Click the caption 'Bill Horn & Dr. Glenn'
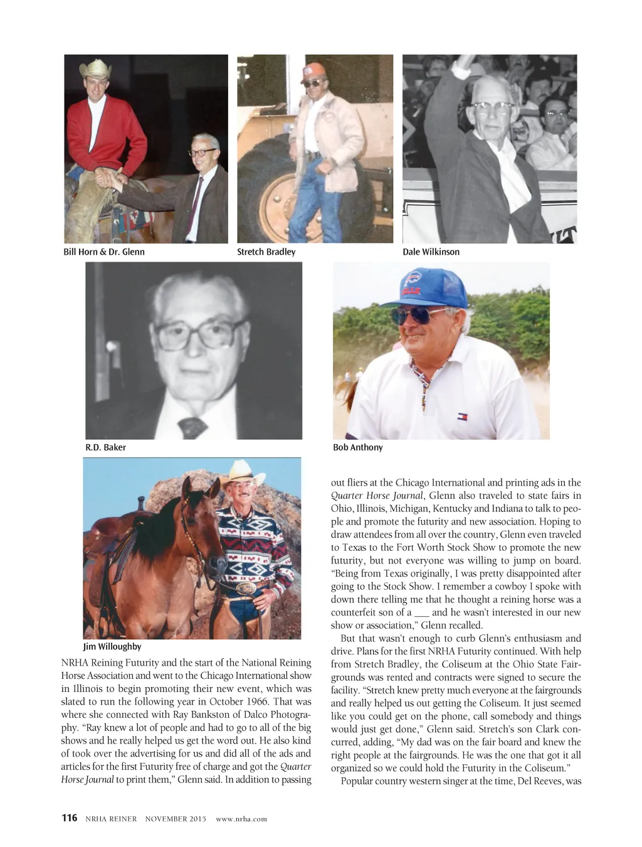(x=104, y=252)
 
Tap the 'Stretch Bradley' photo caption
(x=266, y=252)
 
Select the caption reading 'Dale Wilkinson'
(x=431, y=252)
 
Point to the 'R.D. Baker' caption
(x=105, y=448)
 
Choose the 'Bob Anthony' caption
(x=357, y=448)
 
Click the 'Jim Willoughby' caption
(x=112, y=647)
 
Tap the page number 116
(x=69, y=818)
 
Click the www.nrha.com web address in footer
(x=241, y=819)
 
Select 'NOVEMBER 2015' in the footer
(x=176, y=819)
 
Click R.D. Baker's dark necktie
(x=192, y=427)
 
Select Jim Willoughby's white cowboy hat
(x=242, y=472)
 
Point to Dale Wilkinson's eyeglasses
(x=492, y=107)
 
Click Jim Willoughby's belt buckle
(x=247, y=589)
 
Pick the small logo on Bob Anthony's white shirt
(x=463, y=417)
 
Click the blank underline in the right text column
(x=421, y=613)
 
